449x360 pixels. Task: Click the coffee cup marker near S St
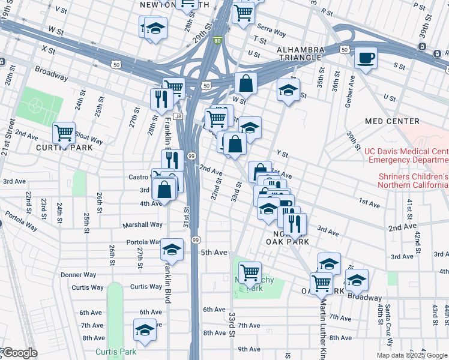pos(366,59)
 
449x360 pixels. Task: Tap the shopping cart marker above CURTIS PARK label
pos(64,133)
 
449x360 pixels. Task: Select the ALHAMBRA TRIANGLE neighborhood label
pos(300,53)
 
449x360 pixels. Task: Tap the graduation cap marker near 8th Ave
pos(144,330)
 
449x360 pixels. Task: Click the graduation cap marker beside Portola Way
pos(172,250)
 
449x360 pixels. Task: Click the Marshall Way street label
pos(143,224)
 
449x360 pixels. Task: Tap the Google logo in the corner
pos(19,353)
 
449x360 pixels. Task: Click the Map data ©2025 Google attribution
pos(412,355)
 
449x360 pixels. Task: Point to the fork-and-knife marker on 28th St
pos(160,98)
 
